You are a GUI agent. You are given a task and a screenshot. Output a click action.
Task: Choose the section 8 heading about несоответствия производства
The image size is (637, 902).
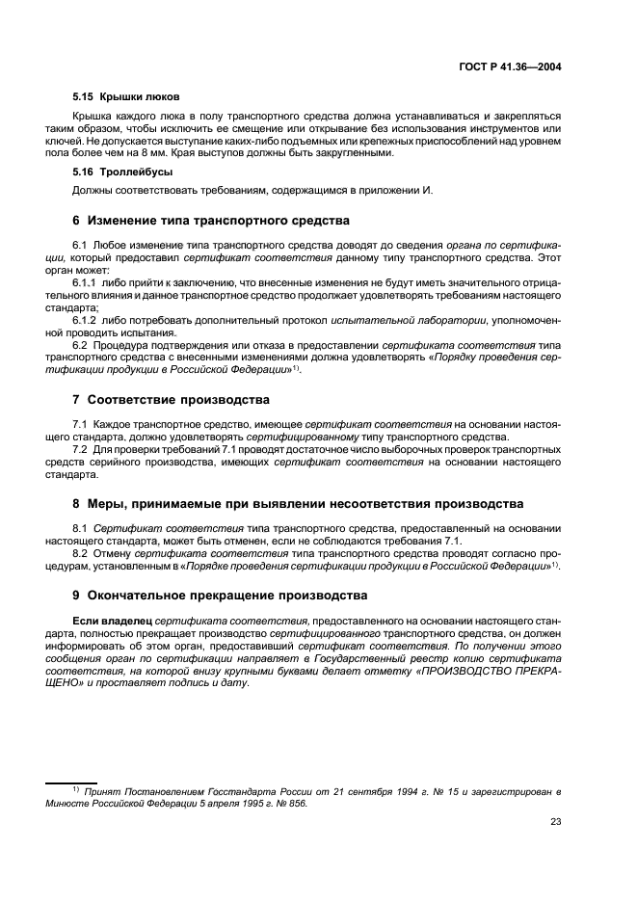point(284,503)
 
